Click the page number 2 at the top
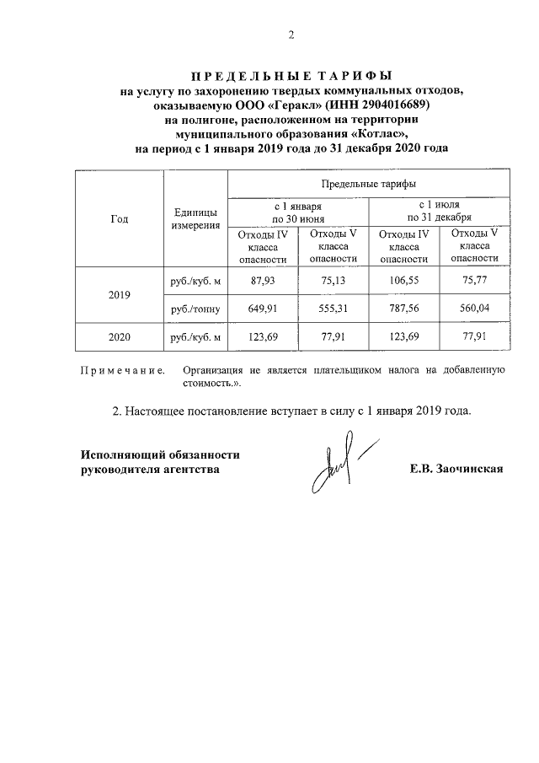tap(291, 35)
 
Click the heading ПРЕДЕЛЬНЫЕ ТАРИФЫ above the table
tap(291, 74)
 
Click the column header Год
tap(120, 218)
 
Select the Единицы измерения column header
tap(195, 218)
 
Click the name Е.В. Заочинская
tap(456, 469)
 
